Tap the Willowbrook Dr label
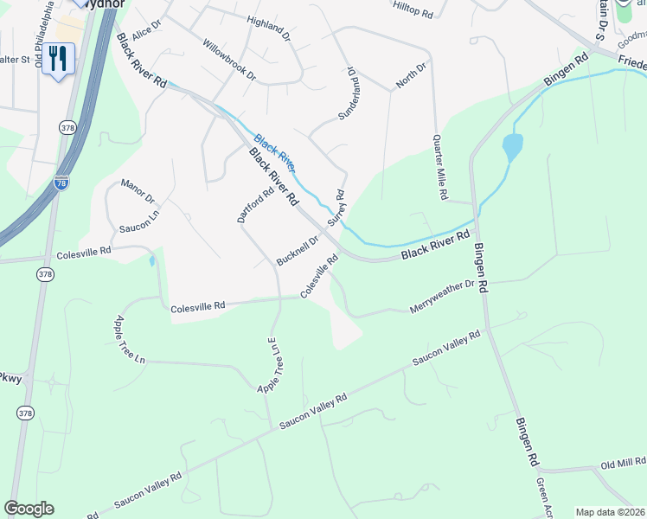pos(229,60)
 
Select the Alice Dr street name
pos(147,29)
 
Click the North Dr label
pos(411,75)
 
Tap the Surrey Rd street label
pos(336,208)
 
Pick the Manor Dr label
pos(138,191)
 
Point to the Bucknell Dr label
pos(298,250)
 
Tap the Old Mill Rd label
pos(623,465)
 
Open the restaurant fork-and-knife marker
pos(58,59)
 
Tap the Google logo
pos(29,509)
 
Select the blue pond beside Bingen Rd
pos(512,148)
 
